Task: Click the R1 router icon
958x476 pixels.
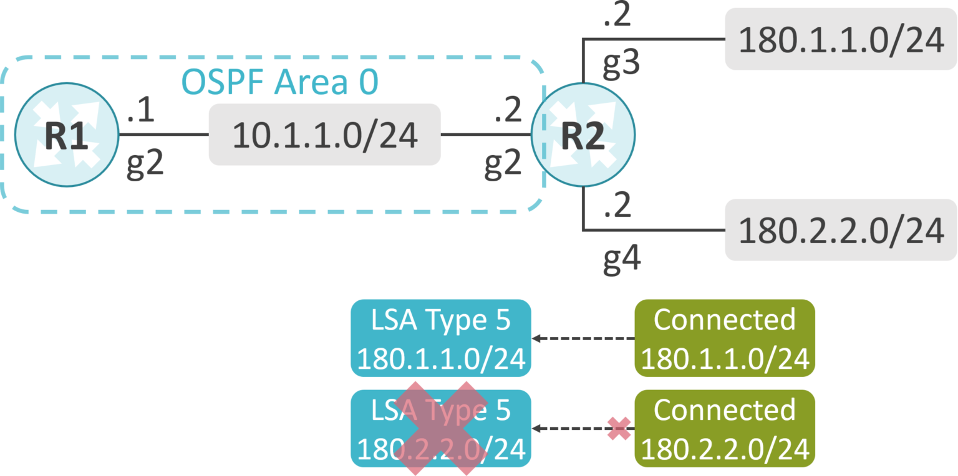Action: point(67,135)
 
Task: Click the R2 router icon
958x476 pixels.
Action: point(583,135)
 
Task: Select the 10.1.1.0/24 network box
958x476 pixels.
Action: point(324,135)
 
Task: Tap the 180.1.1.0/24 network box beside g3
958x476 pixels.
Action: point(840,39)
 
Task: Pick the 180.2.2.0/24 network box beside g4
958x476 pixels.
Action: point(840,230)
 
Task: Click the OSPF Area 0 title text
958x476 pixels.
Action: point(279,82)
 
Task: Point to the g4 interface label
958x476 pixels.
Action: point(622,258)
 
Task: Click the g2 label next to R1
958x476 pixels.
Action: point(145,166)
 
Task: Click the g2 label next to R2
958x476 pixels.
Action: point(503,166)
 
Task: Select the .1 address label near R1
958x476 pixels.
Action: point(141,112)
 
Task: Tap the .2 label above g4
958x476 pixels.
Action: point(617,207)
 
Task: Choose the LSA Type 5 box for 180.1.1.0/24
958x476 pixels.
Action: point(440,338)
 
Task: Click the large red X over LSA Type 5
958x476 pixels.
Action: point(440,429)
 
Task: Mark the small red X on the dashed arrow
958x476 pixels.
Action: point(619,429)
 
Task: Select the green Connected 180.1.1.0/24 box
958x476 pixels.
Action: point(725,338)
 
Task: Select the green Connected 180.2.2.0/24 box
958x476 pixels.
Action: point(725,429)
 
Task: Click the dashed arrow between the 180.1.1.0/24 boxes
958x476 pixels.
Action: point(583,338)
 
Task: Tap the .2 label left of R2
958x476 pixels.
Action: point(506,112)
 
